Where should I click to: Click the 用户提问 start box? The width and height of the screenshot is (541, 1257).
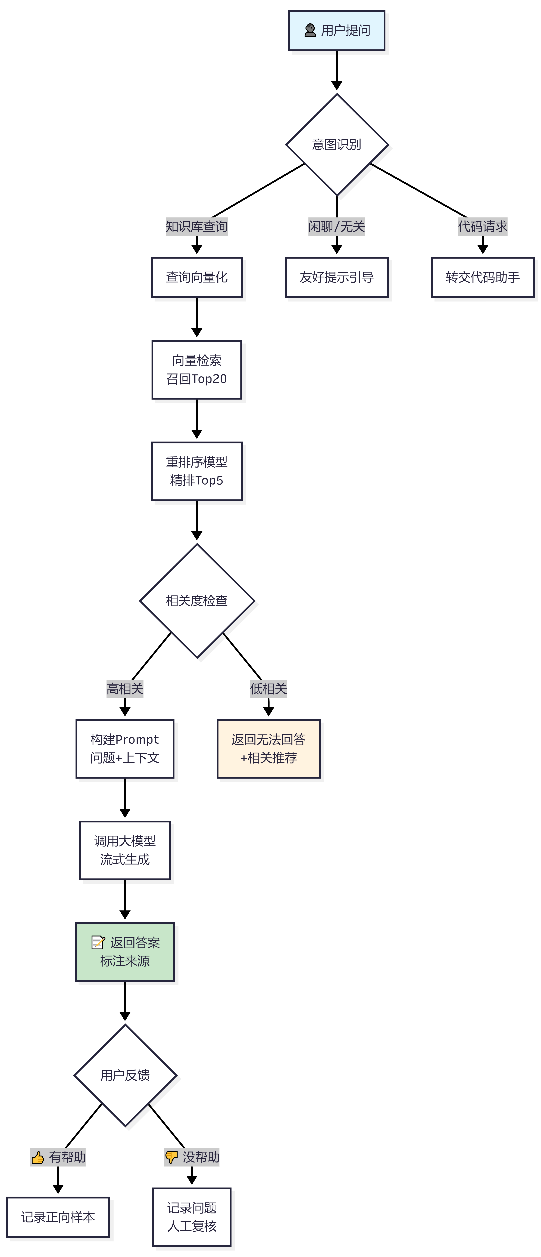[x=337, y=30]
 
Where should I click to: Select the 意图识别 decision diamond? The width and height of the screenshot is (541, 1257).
[x=337, y=144]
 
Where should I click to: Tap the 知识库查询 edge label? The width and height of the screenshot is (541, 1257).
[x=197, y=226]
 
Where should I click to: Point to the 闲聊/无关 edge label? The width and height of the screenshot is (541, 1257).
[x=337, y=226]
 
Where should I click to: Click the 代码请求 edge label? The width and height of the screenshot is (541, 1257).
[x=482, y=226]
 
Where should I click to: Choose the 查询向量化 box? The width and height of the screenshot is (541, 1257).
[x=197, y=277]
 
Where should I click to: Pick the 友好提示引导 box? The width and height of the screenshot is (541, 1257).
[x=337, y=277]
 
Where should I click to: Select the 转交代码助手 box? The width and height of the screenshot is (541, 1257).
[x=482, y=277]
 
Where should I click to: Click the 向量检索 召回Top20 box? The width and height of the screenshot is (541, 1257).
[x=197, y=369]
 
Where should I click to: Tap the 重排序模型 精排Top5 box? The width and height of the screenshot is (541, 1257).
[x=197, y=471]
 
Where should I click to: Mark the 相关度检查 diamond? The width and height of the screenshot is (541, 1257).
[x=197, y=601]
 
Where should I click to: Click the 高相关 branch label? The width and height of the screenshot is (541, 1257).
[x=125, y=688]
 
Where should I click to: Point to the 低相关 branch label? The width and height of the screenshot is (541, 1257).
[x=268, y=688]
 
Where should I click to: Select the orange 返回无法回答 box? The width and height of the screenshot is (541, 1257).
[x=268, y=749]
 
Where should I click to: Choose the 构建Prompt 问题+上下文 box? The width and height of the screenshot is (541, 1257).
[x=125, y=749]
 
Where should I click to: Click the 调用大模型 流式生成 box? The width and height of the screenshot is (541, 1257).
[x=125, y=850]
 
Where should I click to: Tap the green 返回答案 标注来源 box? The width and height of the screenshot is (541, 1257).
[x=125, y=952]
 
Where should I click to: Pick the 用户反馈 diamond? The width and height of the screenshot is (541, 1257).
[x=125, y=1075]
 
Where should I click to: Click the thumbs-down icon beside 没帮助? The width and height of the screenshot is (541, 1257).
[x=171, y=1157]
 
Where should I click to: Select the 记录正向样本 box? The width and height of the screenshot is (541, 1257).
[x=58, y=1217]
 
